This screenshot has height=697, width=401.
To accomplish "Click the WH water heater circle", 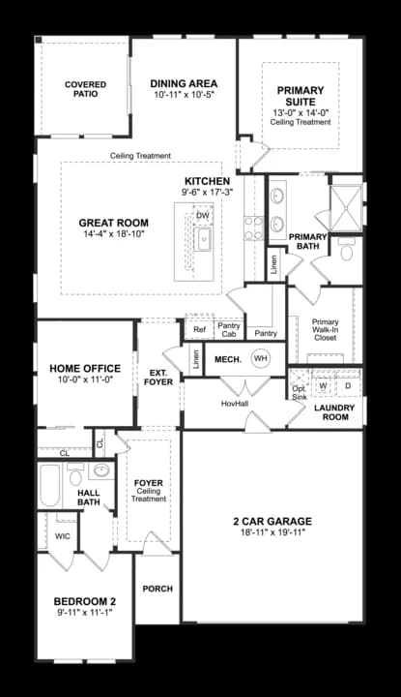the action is click(x=260, y=358).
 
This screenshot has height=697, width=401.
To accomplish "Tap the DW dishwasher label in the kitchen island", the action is click(x=202, y=216).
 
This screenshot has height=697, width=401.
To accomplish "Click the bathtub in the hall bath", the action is click(x=49, y=485).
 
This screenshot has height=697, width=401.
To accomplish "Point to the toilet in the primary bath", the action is click(x=346, y=250).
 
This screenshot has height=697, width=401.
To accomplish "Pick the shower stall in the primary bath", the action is click(x=346, y=207).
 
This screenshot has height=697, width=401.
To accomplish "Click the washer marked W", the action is click(x=323, y=386).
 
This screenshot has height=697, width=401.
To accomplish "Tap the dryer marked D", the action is click(x=348, y=386).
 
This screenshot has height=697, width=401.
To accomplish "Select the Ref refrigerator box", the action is click(x=199, y=329).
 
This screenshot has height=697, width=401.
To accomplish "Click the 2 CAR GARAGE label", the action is click(x=272, y=521).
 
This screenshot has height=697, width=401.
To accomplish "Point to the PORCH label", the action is click(x=158, y=589).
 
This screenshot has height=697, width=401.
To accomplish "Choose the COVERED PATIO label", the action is click(x=85, y=89).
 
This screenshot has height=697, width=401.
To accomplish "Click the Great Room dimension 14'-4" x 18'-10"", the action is click(x=114, y=233).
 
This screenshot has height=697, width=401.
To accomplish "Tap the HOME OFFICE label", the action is click(x=85, y=368).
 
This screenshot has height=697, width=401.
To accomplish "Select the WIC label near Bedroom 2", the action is click(x=63, y=536).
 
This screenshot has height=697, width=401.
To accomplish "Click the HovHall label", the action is click(x=235, y=404).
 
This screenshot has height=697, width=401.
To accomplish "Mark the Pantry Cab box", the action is click(x=229, y=329).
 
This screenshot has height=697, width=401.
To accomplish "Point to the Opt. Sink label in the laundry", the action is click(x=300, y=392).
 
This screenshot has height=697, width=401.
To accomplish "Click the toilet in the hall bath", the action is click(x=75, y=474).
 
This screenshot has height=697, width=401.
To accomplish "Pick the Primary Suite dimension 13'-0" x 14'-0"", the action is click(x=301, y=113).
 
